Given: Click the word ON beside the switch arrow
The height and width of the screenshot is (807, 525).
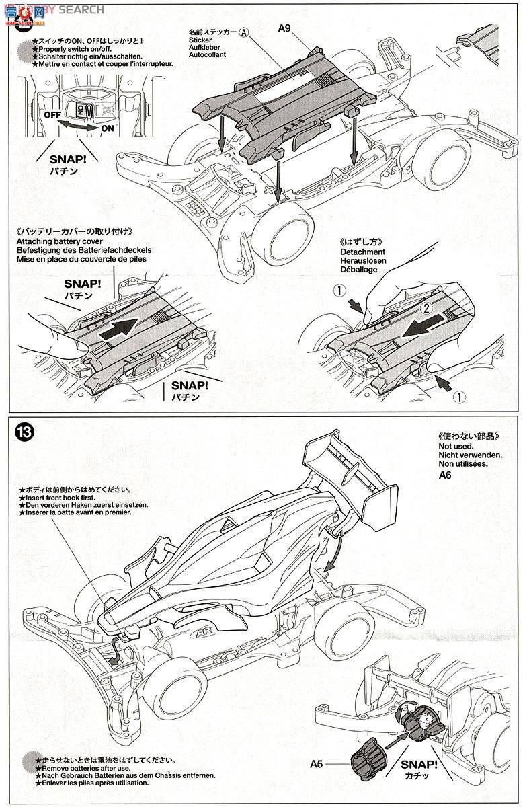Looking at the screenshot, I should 108,128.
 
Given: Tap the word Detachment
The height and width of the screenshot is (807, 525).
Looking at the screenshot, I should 363,252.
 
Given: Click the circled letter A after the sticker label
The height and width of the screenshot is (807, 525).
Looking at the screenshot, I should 245,32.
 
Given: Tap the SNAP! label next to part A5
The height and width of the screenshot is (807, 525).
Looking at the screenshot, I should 419,764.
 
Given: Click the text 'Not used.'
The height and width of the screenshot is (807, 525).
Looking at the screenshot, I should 456,446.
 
